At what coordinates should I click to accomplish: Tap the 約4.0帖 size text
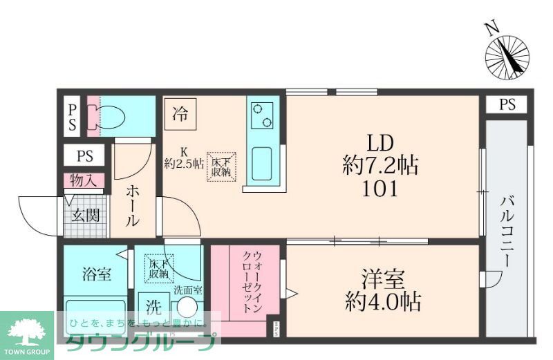tap(382, 302)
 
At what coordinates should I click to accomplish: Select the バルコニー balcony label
tap(507, 231)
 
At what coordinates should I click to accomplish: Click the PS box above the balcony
tap(507, 105)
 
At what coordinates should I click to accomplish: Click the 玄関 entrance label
tap(86, 215)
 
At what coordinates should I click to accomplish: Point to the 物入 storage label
tap(83, 181)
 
